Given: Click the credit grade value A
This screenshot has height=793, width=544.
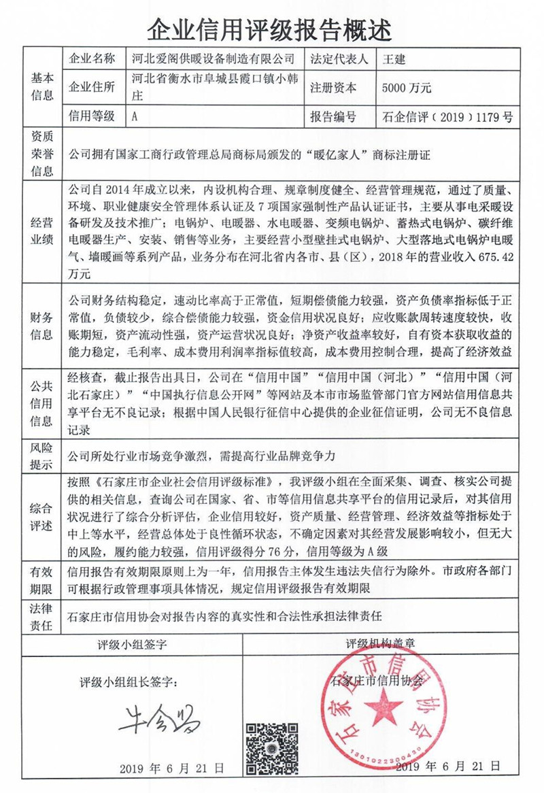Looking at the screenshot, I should pyautogui.click(x=135, y=116).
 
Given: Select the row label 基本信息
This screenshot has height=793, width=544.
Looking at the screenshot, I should pyautogui.click(x=41, y=88).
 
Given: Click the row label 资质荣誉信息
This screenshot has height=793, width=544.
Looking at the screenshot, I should pyautogui.click(x=41, y=154).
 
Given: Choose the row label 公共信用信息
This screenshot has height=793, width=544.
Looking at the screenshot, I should pyautogui.click(x=41, y=403).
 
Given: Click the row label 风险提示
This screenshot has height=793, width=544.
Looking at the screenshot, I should pyautogui.click(x=41, y=457).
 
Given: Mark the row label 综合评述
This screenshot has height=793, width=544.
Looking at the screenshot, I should pyautogui.click(x=41, y=516).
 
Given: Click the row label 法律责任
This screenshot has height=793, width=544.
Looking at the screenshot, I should pyautogui.click(x=41, y=617).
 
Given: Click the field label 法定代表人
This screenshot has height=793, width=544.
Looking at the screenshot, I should pyautogui.click(x=338, y=59).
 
